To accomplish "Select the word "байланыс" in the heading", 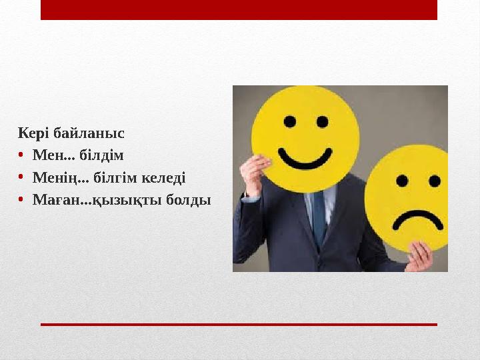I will pos(89,133).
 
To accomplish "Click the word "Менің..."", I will pos(60,178).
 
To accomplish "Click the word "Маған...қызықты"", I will pos(92,200).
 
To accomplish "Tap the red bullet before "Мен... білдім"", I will pos(21,156).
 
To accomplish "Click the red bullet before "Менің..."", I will pos(21,178).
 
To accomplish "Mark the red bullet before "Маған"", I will pos(21,200).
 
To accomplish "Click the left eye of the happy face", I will pos(290,122).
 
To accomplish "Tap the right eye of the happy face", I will pos(323,122).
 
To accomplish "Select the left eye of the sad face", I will pos(401,180).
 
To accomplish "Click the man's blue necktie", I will pos(319,217).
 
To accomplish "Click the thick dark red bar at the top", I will pos(239,10).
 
